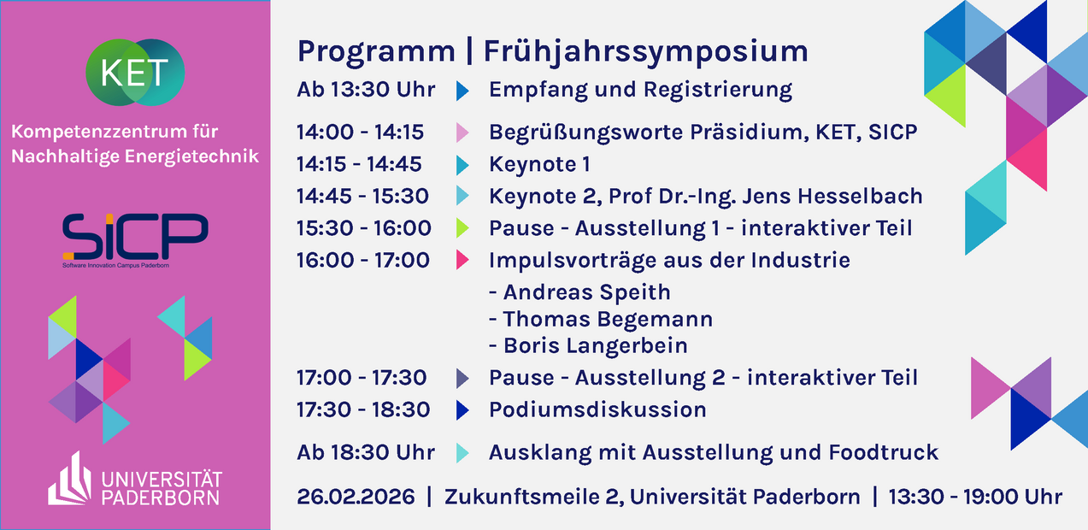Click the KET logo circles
(135, 73)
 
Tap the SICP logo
(136, 240)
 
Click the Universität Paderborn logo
(134, 480)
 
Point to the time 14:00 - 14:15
(361, 132)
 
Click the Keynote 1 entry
(539, 164)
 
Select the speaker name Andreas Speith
(587, 292)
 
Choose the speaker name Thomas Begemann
(608, 319)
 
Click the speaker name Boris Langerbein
(596, 346)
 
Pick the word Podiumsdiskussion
(597, 409)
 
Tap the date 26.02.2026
(356, 497)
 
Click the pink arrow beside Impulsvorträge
(462, 260)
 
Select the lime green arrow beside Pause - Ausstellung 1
(462, 228)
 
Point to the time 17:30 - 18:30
(363, 409)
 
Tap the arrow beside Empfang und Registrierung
(462, 91)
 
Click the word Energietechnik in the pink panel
(191, 156)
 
